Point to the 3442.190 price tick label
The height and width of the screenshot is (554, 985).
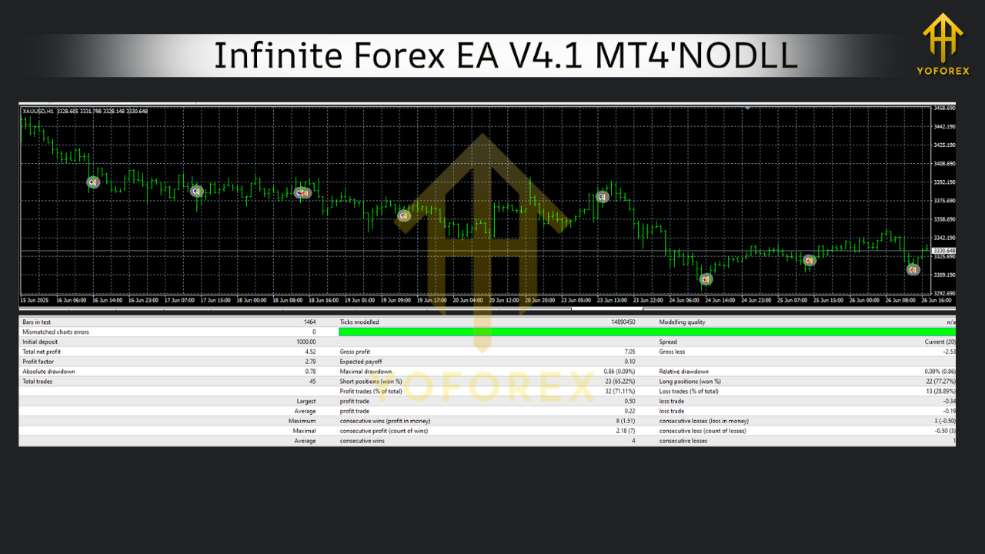click(944, 126)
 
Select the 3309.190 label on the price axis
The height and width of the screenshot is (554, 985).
click(944, 275)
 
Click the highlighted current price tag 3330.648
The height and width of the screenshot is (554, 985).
click(944, 251)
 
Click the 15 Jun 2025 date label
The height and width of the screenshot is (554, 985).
click(35, 300)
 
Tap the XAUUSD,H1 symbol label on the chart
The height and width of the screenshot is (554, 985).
click(38, 112)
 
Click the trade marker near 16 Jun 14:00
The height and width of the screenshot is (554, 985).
click(93, 182)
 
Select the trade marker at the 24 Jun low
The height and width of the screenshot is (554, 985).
click(706, 279)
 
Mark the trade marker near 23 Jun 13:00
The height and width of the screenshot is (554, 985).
click(603, 197)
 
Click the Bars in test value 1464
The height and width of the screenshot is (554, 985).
click(309, 322)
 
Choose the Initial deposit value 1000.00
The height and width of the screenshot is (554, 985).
click(306, 342)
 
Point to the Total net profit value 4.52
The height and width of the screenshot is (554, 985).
click(310, 352)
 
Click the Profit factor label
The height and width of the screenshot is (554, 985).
click(38, 362)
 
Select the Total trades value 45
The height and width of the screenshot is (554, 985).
click(312, 382)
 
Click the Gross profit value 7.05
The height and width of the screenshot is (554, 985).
click(629, 352)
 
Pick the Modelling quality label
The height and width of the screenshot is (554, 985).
click(683, 322)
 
